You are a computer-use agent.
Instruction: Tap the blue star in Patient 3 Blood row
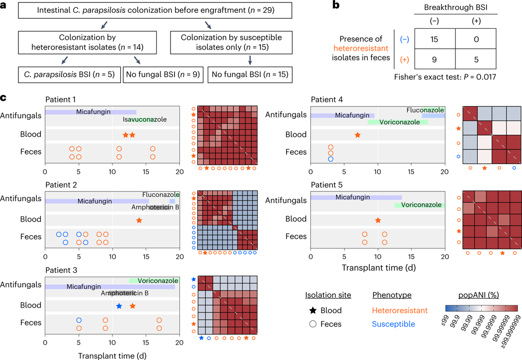(x=118, y=306)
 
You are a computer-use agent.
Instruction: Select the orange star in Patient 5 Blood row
(x=378, y=220)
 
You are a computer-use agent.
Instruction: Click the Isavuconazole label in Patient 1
(x=145, y=120)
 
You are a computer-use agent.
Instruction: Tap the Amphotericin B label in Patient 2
(x=155, y=207)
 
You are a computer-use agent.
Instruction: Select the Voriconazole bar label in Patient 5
(x=421, y=205)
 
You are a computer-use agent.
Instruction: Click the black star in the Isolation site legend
(x=310, y=311)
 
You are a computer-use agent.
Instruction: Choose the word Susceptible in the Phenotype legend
(x=392, y=324)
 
